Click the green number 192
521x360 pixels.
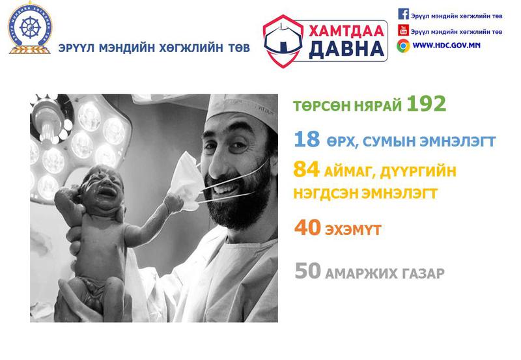point(426,104)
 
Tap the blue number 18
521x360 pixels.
point(307,139)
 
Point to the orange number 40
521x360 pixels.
point(307,227)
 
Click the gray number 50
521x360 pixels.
point(307,271)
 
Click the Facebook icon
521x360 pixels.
point(403,14)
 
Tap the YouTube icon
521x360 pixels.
point(403,30)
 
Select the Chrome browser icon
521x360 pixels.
point(403,46)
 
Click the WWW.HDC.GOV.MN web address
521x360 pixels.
point(446,46)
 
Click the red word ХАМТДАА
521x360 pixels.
point(346,31)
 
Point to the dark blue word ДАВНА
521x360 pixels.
point(346,49)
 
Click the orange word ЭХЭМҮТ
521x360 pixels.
point(353,230)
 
